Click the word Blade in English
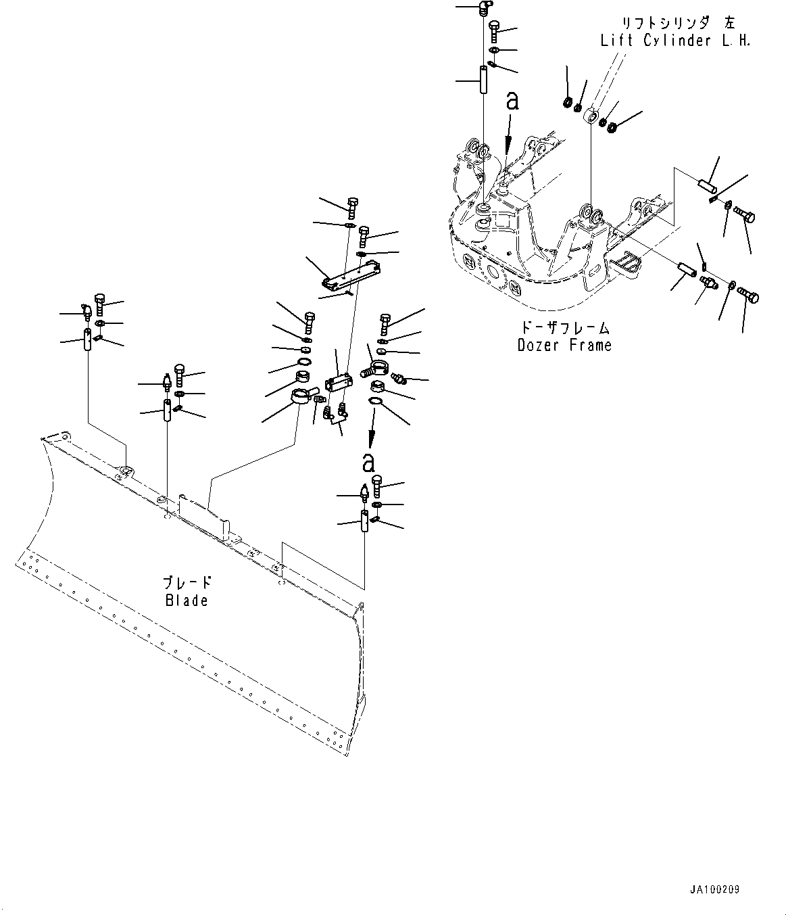pyautogui.click(x=187, y=600)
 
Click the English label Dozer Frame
pyautogui.click(x=564, y=346)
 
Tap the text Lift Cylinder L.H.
pyautogui.click(x=675, y=41)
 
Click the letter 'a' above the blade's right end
pyautogui.click(x=368, y=463)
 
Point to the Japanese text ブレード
pyautogui.click(x=187, y=582)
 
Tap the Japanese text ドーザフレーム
pyautogui.click(x=566, y=329)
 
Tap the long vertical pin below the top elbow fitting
pyautogui.click(x=485, y=80)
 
